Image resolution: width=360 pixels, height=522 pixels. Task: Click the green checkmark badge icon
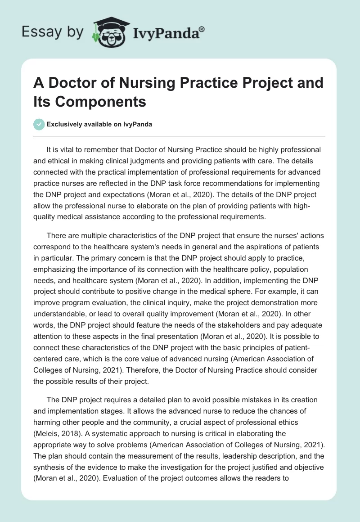pos(40,124)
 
